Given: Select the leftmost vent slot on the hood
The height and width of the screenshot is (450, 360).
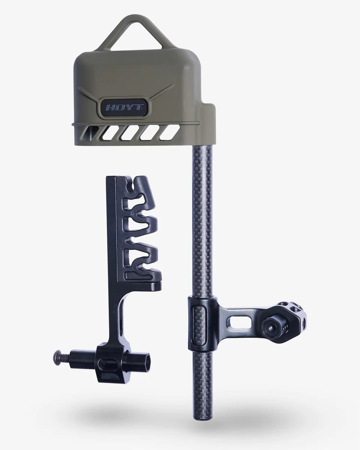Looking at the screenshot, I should [90, 132].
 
